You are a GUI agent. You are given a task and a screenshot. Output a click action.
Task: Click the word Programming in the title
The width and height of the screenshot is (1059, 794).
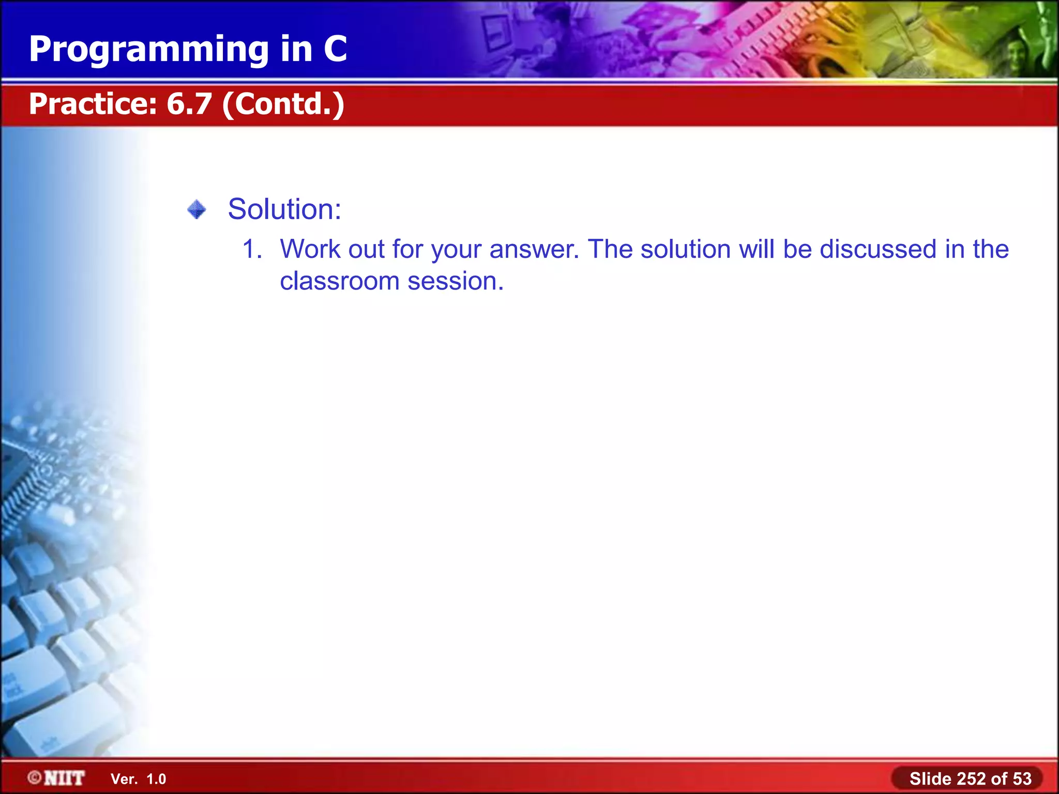tap(149, 50)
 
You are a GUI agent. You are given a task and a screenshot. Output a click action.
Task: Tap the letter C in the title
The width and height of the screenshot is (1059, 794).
tap(335, 49)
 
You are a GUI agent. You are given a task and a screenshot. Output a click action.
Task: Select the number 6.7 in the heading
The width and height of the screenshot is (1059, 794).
tap(189, 103)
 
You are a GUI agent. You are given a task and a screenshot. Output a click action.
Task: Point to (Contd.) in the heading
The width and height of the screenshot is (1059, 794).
tap(283, 104)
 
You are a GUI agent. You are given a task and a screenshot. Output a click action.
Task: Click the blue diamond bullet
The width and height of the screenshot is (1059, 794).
tap(196, 210)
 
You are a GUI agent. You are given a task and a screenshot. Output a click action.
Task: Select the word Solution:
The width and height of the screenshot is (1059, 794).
tap(284, 209)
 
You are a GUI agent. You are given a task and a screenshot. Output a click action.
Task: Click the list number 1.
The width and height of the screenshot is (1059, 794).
tap(252, 249)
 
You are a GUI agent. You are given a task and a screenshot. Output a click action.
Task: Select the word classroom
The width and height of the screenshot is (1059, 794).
tap(340, 281)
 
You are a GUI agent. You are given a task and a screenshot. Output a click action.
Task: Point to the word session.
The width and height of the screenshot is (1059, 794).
tap(455, 281)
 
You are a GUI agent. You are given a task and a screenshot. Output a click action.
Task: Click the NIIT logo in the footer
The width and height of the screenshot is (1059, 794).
tap(64, 778)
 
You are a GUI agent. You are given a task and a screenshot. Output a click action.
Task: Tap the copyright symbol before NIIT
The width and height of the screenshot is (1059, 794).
tap(35, 778)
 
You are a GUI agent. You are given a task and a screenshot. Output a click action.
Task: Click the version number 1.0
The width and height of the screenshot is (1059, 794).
tap(156, 779)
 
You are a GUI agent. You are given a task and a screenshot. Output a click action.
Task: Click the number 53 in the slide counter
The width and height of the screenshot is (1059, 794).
tap(1022, 778)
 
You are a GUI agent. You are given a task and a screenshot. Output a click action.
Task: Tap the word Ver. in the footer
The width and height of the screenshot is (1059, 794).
tap(124, 779)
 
